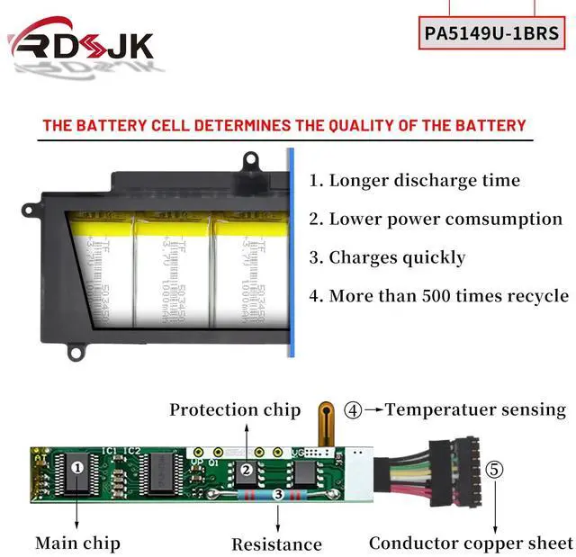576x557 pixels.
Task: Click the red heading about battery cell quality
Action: pos(284,125)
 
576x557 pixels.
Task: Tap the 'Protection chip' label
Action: pos(235,409)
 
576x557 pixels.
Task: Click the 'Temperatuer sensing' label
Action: pos(475,409)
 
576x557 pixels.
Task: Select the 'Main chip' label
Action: pos(77,543)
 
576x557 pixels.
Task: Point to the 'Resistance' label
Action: pos(276,544)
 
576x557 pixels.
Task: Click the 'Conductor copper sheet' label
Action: pos(471,543)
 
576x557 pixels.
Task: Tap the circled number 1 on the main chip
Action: pos(77,467)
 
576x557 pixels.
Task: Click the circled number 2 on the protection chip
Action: pos(245,469)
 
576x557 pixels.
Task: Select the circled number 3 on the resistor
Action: pos(278,494)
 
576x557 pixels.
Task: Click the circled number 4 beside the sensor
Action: pos(354,409)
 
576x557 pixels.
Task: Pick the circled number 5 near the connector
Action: pos(494,469)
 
